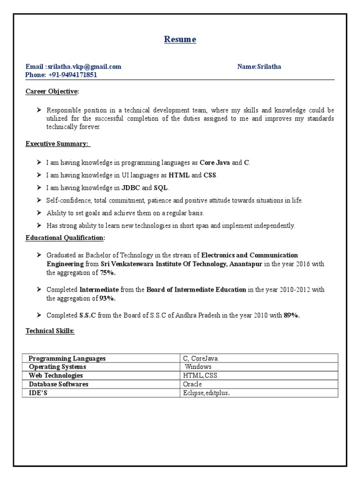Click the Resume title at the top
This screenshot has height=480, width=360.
point(180,39)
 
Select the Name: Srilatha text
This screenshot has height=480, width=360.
point(259,67)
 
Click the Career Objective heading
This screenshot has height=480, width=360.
point(52,91)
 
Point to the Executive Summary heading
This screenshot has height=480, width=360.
point(57,143)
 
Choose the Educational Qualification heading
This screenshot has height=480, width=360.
point(65,238)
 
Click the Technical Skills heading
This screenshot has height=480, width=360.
point(50,331)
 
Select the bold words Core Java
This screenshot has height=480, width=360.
point(215,163)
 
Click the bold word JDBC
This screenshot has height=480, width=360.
point(131,188)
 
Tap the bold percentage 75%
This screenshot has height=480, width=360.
point(108,272)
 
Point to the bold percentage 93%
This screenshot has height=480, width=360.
point(108,298)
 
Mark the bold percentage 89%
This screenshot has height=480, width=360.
point(292,315)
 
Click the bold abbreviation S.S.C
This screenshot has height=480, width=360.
point(88,315)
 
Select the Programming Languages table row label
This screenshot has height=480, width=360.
point(67,359)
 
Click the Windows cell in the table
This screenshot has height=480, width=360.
point(198,367)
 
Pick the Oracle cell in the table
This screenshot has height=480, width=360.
point(193,384)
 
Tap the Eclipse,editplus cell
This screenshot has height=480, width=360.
point(206,393)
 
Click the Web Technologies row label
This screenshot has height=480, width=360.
point(56,375)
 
